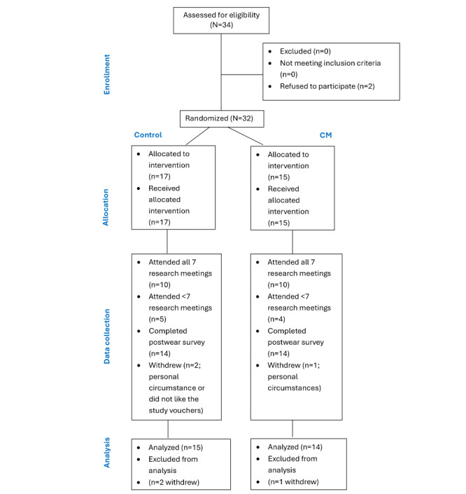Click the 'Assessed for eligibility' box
pos(221,20)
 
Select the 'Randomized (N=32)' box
pos(222,119)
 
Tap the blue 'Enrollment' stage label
pos(107,74)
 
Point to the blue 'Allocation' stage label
pos(106,207)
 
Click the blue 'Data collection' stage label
pos(107,336)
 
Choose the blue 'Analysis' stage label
pos(107,453)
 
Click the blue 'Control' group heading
pos(148,135)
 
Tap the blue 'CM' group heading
pos(325,135)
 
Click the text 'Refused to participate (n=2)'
pos(327,86)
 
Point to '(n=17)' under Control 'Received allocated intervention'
pos(160,222)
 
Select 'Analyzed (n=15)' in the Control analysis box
pos(176,447)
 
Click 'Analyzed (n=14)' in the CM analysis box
pos(295,447)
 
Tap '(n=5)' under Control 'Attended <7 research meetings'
pos(157,319)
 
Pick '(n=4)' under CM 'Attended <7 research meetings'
pos(276,319)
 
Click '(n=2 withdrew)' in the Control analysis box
pos(174,482)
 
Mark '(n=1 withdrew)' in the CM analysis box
pos(293,482)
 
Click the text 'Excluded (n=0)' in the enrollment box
pos(305,51)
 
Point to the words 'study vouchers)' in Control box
pos(176,411)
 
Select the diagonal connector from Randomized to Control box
pos(197,136)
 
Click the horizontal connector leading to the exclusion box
pos(242,75)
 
